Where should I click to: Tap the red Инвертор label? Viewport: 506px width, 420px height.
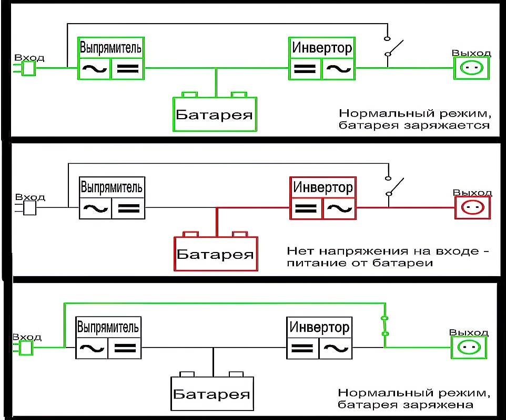click(323, 187)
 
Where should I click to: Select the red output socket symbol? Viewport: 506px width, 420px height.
click(472, 208)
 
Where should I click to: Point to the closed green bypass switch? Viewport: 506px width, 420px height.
click(385, 325)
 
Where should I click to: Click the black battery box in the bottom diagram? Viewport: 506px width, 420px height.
click(212, 393)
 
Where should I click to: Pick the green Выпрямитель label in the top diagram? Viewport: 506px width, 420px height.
click(110, 48)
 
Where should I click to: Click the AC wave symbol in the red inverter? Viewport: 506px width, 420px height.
click(339, 208)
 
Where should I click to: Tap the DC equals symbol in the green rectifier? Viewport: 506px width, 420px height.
click(127, 68)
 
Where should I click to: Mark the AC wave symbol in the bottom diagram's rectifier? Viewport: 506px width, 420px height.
click(92, 348)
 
